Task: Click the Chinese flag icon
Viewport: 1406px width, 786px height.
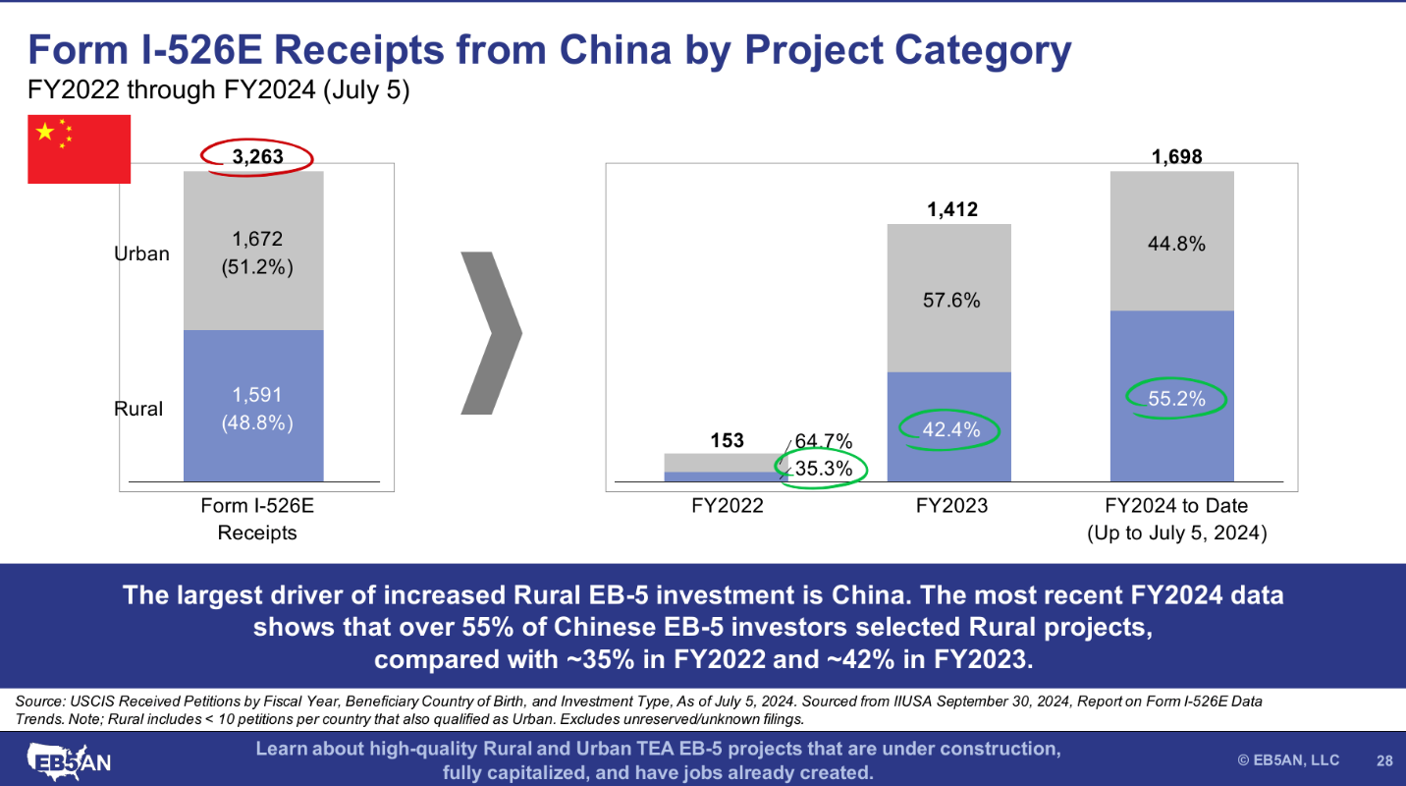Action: click(79, 148)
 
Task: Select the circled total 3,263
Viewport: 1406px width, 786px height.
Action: click(257, 156)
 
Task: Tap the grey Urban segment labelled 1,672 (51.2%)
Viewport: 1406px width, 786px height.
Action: click(253, 253)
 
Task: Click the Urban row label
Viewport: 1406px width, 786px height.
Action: click(141, 253)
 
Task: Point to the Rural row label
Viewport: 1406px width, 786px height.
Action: click(138, 409)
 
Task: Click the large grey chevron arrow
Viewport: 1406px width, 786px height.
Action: click(491, 332)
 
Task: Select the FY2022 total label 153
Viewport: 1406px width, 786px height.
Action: click(727, 441)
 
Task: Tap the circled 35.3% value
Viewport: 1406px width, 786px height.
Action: click(822, 469)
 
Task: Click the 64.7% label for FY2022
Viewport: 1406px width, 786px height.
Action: click(823, 441)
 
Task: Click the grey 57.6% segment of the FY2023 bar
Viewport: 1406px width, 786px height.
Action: click(948, 300)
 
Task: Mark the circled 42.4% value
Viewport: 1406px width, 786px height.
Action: click(948, 428)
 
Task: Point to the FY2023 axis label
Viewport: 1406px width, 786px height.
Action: click(951, 506)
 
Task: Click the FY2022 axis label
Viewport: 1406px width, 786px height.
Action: click(727, 506)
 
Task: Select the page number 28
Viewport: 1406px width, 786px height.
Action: click(1384, 760)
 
